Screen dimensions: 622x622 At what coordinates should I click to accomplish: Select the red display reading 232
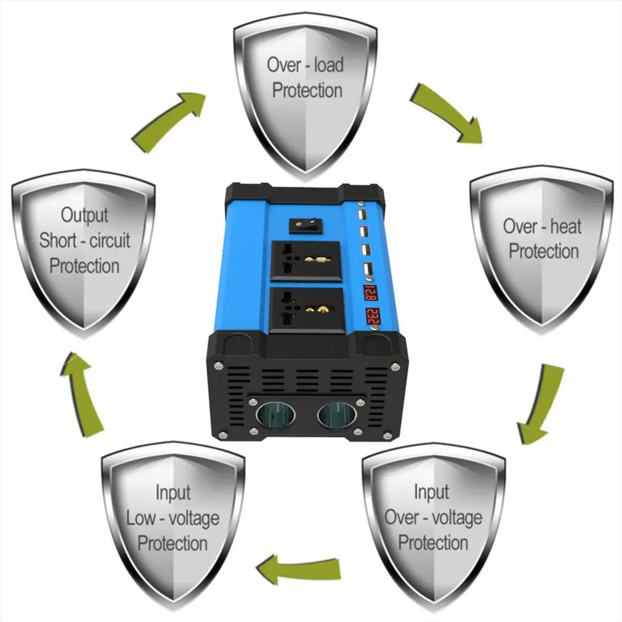click(372, 316)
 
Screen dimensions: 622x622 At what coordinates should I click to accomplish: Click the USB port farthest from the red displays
click(361, 216)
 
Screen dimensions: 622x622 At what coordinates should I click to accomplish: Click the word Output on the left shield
click(85, 215)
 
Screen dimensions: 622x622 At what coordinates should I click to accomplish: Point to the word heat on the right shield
click(565, 227)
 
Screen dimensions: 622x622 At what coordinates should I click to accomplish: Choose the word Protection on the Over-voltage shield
click(433, 543)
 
